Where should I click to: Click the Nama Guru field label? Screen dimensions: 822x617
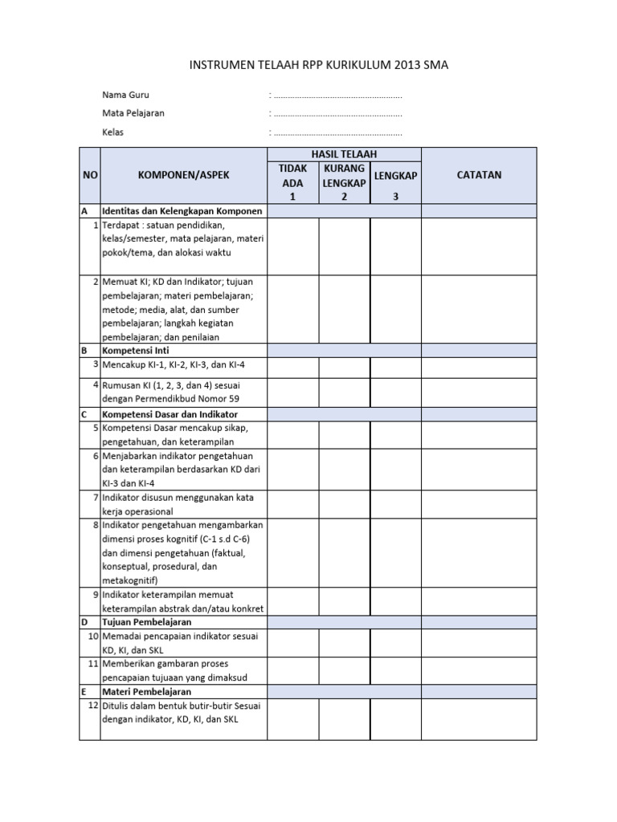(125, 95)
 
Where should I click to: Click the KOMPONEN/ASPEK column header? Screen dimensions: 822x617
(183, 175)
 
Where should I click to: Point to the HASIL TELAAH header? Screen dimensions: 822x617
(344, 154)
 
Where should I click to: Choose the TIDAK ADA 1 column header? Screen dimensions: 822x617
(293, 182)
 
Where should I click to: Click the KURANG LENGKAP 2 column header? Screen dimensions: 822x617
(344, 182)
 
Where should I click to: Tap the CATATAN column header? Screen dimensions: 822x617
(479, 175)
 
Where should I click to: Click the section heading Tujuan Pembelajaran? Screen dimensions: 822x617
(147, 622)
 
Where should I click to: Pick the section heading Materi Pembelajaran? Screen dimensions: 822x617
(146, 691)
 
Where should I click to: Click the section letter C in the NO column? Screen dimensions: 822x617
(84, 414)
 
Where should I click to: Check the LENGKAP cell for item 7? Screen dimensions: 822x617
(395, 503)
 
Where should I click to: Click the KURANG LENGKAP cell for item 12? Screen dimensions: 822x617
(344, 718)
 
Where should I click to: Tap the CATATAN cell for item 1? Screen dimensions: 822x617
(479, 246)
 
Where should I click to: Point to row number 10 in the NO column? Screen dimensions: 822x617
(92, 636)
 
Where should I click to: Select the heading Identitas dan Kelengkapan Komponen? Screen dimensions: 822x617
(182, 211)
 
